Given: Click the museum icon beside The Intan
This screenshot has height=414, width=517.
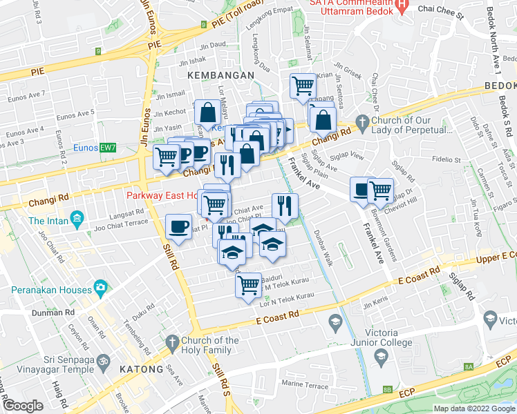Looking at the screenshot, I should tap(77, 221).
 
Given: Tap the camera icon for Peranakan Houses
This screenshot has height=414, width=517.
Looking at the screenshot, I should tap(101, 286).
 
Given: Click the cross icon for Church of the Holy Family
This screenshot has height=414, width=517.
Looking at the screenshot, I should tap(171, 341).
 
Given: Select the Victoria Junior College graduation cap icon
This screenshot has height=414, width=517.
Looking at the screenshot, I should tap(380, 355).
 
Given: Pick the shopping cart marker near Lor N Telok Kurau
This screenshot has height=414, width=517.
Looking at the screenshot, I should tap(248, 284).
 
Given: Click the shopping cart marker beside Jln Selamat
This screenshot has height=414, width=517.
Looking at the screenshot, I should tap(303, 86).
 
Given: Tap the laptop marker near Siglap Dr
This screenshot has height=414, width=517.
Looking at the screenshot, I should tap(361, 189).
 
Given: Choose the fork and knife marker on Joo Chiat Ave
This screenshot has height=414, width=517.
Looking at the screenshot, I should tap(284, 204).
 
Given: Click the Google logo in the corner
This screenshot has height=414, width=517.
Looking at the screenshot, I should tap(22, 405).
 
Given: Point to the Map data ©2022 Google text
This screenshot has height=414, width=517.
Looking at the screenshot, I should tap(474, 408).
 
